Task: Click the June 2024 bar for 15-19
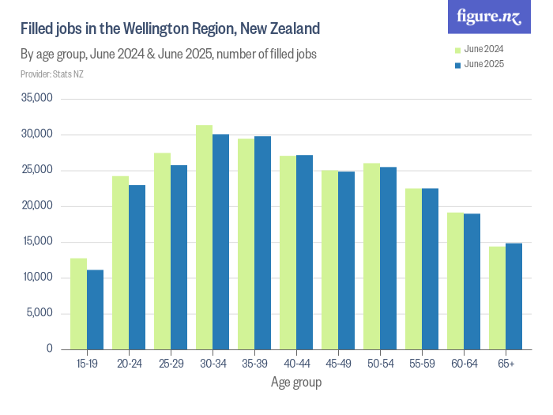tap(78, 304)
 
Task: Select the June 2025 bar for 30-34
tap(220, 242)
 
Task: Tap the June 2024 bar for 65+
tap(496, 298)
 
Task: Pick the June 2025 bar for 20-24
tap(137, 267)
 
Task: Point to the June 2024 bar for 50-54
tap(371, 256)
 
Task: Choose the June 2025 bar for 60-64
tap(472, 281)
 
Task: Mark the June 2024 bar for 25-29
tap(162, 251)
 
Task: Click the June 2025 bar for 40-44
tap(304, 252)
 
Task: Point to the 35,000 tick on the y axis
tap(36, 99)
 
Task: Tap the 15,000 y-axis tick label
tap(36, 242)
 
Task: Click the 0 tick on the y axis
tap(48, 349)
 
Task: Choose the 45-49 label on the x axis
tap(337, 364)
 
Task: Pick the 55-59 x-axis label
tap(421, 364)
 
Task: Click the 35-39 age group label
tap(254, 364)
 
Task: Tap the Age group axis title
tap(296, 383)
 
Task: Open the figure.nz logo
tap(489, 17)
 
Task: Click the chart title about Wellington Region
tap(170, 29)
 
